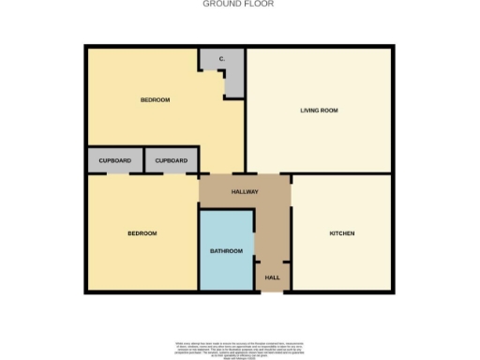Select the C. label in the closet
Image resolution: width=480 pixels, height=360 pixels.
coord(221,59)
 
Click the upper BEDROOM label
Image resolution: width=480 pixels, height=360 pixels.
coord(155,99)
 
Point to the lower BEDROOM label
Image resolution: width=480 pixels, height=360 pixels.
coord(142,232)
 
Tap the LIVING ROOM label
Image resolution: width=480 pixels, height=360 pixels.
coord(319,110)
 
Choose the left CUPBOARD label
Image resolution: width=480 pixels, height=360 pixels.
coord(114,160)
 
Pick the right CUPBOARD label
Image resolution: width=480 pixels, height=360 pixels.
coord(171,160)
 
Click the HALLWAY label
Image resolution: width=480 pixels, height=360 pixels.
coord(245,191)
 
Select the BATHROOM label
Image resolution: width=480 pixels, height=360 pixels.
coord(225,250)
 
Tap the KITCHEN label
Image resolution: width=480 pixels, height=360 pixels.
coord(340,232)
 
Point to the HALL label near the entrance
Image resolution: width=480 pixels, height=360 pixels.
coord(272,277)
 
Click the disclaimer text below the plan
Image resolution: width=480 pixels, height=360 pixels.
coord(240,346)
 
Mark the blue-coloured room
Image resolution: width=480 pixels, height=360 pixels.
coord(226,267)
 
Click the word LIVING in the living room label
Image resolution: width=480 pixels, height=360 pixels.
coord(310,110)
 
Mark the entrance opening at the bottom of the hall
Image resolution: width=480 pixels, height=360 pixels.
coord(268,292)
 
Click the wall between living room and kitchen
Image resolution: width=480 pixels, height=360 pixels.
coord(342,173)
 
